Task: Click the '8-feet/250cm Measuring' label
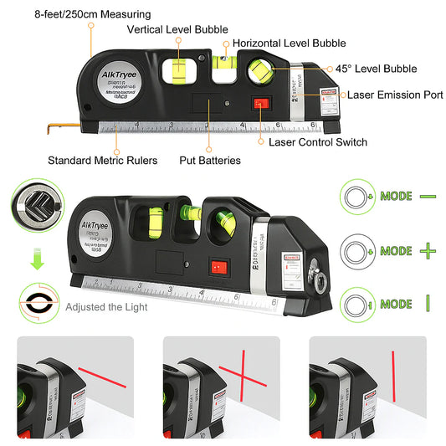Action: tap(81, 14)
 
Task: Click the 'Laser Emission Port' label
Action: tap(395, 95)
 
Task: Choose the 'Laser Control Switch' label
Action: tap(317, 142)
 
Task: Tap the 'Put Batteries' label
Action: tap(210, 160)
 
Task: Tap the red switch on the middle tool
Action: tap(219, 267)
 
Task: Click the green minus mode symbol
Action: tap(428, 196)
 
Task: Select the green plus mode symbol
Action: tap(428, 249)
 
